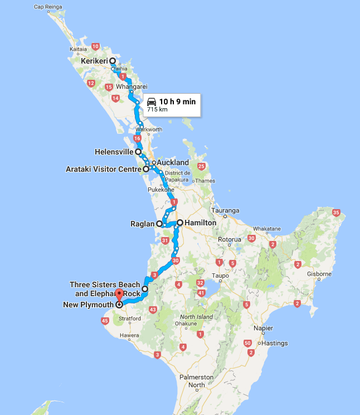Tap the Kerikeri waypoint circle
tap(113, 61)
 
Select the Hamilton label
tap(201, 223)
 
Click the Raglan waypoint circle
tap(159, 224)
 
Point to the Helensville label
tap(114, 151)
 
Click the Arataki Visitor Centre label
tap(103, 168)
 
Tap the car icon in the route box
tap(151, 102)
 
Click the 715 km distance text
tap(157, 110)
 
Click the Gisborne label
tap(319, 274)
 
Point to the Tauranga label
tap(225, 211)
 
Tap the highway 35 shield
tap(335, 213)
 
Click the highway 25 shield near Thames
tap(201, 166)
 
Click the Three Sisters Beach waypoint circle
tap(145, 289)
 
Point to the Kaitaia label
tap(78, 49)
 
